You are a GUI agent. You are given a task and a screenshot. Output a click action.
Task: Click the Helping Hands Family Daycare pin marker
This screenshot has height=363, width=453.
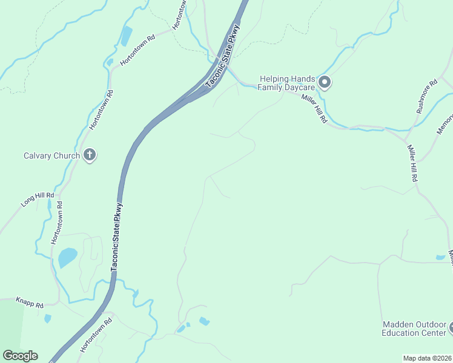coord(324,82)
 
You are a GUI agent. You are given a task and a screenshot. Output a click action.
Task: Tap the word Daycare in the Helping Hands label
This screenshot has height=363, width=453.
coord(297,87)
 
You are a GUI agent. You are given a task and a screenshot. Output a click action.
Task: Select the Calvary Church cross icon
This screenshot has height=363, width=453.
coord(89,155)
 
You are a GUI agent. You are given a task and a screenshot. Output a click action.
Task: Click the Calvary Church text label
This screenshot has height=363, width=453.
coord(51,155)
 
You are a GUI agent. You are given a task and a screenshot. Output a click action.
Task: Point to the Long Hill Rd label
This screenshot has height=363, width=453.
coord(38,200)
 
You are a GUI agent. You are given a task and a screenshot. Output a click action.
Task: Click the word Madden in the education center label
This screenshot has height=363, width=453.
coord(397,324)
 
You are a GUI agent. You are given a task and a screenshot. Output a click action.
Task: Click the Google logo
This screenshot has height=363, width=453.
coord(20,356)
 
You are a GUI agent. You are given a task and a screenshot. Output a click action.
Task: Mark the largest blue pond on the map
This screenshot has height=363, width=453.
coord(67,258)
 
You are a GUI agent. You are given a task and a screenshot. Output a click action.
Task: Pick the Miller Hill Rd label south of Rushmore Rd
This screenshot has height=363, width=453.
coord(412,163)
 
